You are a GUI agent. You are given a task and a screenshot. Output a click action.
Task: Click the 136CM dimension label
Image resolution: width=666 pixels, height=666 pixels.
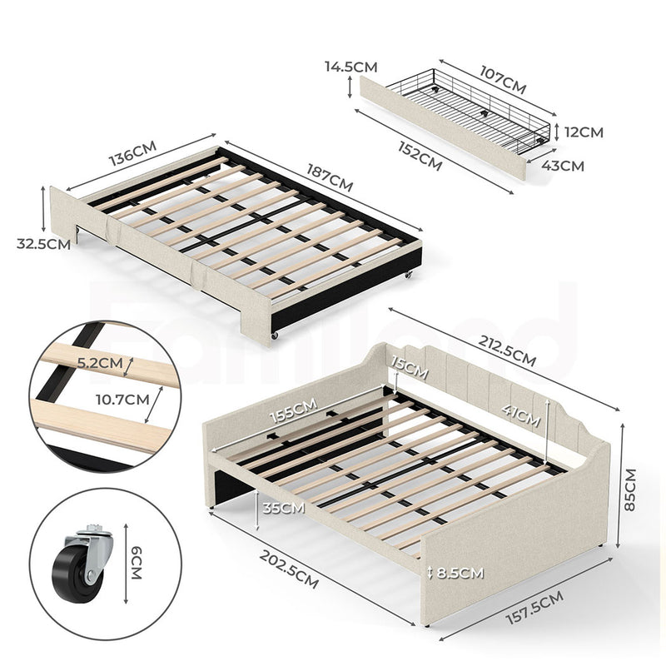132,153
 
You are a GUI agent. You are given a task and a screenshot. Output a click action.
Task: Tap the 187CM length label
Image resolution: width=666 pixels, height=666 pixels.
330,178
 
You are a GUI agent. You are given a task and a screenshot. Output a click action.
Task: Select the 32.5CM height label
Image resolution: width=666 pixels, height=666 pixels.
43,244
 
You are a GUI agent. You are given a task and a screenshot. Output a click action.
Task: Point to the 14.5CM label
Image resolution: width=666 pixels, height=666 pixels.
350,67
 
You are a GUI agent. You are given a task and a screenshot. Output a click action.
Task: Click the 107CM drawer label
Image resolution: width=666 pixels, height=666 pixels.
503,80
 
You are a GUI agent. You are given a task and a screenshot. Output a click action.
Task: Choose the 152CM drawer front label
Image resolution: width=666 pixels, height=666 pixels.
420,156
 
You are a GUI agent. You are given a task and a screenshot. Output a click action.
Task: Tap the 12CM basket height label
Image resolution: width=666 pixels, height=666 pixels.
584,132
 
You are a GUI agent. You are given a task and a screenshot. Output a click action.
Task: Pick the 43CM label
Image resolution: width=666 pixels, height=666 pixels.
563,166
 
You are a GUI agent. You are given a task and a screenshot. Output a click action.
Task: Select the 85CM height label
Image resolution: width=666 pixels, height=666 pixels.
630,490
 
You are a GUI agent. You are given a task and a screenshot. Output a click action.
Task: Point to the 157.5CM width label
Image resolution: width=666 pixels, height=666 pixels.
534,608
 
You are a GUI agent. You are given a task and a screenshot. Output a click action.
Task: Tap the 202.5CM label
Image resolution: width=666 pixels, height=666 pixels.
289,569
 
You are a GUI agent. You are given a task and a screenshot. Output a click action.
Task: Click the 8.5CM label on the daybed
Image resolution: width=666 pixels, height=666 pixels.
460,574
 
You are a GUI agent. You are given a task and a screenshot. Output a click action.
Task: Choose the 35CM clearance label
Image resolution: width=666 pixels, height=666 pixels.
283,508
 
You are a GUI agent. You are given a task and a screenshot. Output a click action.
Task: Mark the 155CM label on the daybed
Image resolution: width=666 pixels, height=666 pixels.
294,410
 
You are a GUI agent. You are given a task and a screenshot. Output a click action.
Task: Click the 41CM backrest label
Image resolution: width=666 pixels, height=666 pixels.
521,415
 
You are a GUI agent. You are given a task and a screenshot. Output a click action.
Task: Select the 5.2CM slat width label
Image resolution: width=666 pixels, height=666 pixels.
100,363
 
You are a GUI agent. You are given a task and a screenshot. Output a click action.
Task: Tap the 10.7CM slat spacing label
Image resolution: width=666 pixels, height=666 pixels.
122,400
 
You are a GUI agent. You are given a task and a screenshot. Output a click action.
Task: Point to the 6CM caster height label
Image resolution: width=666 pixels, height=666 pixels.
136,564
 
